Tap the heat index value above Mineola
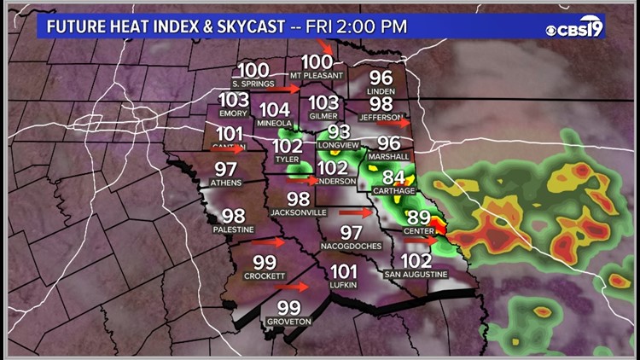[x=274, y=110]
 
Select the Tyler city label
[x=287, y=160]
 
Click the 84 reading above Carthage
[x=393, y=178]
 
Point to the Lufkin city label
[x=342, y=285]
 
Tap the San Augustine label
[x=416, y=274]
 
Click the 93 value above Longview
[x=340, y=131]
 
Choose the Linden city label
[x=381, y=90]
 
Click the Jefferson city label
[x=380, y=117]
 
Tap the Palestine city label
[x=233, y=229]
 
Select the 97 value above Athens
[x=225, y=169]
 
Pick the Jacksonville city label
[x=298, y=212]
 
